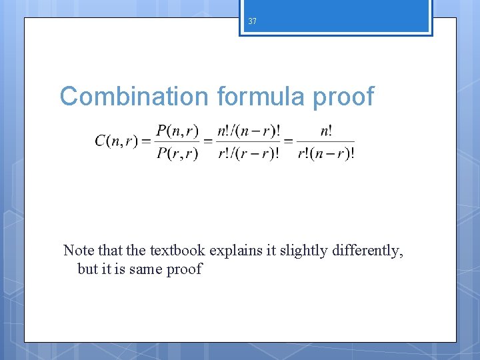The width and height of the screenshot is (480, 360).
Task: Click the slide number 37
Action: tap(252, 21)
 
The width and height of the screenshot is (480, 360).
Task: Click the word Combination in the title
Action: tap(134, 97)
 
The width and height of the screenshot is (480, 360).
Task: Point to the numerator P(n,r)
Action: tap(177, 131)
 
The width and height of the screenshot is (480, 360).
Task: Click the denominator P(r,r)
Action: tap(177, 153)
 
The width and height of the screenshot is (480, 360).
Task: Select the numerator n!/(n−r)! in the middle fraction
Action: tap(248, 131)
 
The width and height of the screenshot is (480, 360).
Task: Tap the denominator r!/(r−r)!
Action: tap(248, 153)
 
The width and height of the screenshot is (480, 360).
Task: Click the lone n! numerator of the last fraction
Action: tap(325, 131)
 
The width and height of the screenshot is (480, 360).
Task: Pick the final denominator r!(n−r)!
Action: tap(325, 153)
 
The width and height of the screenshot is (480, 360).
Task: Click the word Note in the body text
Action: tap(77, 251)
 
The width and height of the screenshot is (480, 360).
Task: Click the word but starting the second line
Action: tap(87, 269)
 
